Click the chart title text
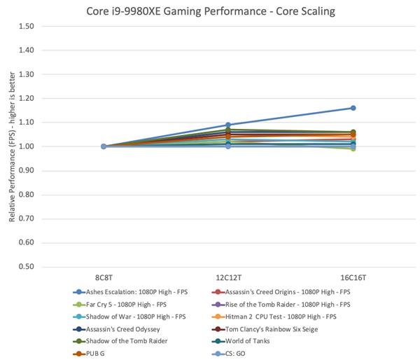point(211,11)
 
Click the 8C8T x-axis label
point(104,278)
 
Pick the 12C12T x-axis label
point(228,278)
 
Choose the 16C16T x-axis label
point(353,278)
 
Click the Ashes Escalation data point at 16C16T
point(353,108)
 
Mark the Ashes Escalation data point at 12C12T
point(229,125)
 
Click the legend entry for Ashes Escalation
point(133,293)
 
